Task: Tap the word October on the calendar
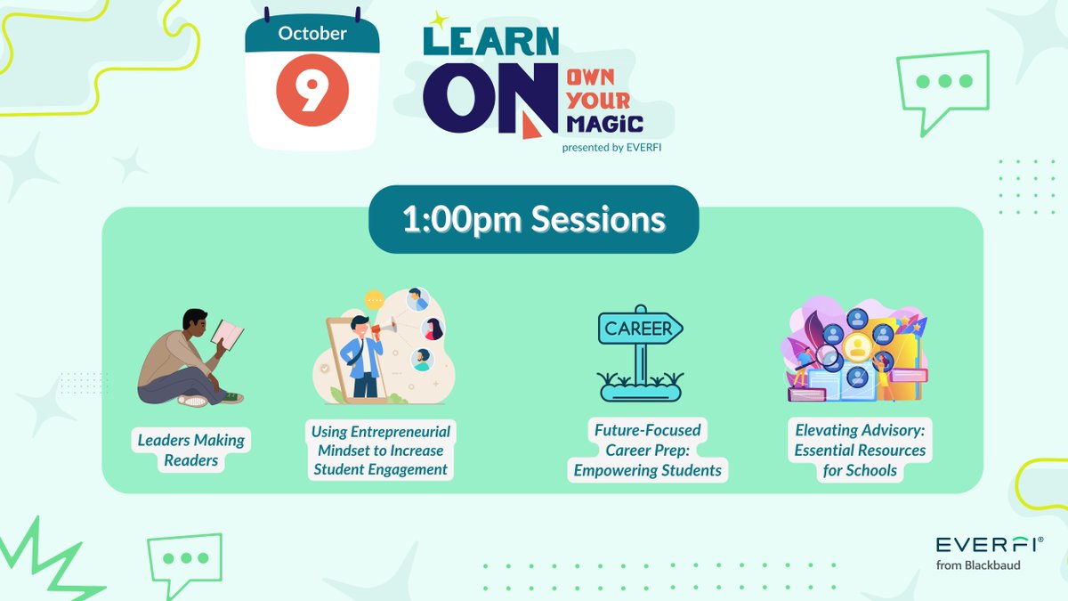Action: tap(311, 35)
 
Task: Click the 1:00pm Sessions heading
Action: tap(533, 220)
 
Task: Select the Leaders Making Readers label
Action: tap(191, 450)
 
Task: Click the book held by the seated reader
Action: tap(227, 334)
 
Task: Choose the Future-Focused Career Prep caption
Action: tap(648, 450)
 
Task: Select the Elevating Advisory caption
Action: tap(860, 450)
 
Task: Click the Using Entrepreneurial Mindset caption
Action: tap(380, 450)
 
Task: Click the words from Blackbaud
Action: tap(977, 565)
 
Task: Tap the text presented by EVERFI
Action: tap(611, 148)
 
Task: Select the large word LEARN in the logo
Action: tap(491, 42)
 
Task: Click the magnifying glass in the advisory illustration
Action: tap(829, 359)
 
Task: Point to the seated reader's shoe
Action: tap(193, 401)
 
